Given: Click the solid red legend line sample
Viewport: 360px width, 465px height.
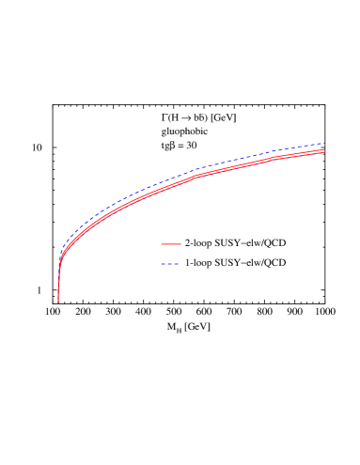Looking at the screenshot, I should point(171,244).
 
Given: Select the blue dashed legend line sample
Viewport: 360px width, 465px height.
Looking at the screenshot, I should point(170,264).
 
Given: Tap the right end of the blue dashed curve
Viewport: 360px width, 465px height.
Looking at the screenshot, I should point(324,143).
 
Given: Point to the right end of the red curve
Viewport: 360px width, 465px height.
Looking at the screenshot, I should point(324,150).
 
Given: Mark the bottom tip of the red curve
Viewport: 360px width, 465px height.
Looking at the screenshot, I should point(58,302).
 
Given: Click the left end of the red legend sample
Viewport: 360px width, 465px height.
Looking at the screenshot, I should point(162,244).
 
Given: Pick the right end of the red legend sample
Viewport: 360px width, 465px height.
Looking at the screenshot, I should point(180,244).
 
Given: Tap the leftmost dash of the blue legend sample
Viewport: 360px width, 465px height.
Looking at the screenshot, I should point(163,264).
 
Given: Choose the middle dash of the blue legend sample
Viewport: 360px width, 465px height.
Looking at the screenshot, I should point(170,264).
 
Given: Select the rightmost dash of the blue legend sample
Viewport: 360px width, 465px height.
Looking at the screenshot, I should point(177,264).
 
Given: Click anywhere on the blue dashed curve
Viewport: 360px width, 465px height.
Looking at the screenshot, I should point(235,162).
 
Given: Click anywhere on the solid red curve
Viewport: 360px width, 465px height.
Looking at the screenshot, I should point(235,169).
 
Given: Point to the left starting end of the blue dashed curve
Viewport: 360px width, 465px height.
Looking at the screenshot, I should point(61,252).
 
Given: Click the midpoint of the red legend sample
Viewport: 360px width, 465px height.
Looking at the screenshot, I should point(171,244).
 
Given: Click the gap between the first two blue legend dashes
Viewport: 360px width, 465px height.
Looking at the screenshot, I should point(166,264).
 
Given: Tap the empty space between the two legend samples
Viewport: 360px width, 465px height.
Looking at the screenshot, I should point(171,255).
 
